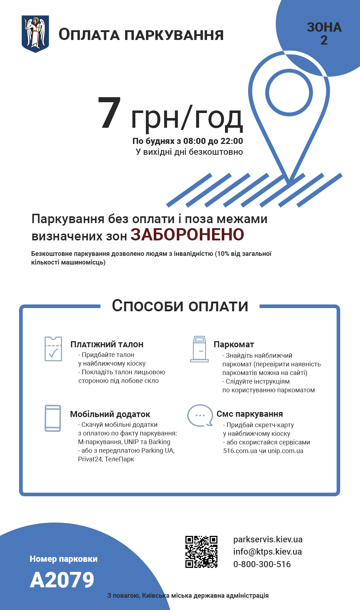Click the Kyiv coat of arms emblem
tap(35, 34)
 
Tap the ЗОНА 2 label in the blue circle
tap(324, 33)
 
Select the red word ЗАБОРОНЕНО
tap(187, 235)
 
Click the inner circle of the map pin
tap(289, 92)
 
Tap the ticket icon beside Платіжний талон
tap(53, 349)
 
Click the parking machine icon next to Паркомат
tap(199, 349)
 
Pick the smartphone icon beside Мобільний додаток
tap(53, 418)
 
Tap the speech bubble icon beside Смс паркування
tap(200, 415)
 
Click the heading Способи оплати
tap(180, 306)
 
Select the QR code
tap(201, 552)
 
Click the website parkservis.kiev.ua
tap(268, 539)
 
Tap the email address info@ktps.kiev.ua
tap(267, 552)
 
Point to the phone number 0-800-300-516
tap(262, 564)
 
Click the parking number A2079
tap(62, 580)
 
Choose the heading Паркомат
tap(234, 345)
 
